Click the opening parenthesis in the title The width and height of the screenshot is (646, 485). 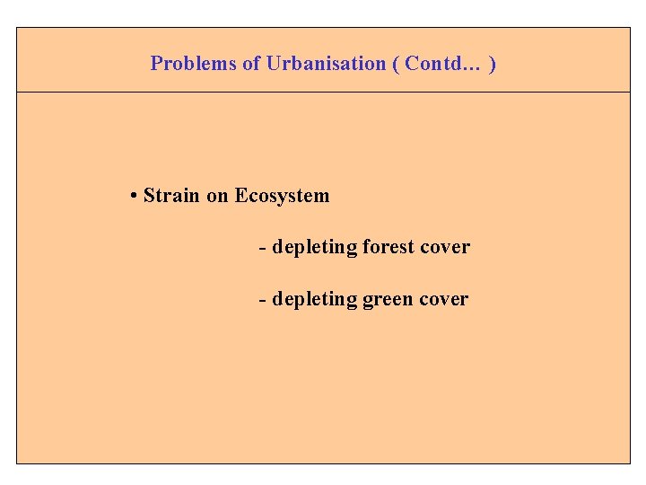tap(396, 64)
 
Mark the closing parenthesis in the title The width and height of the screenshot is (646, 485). tap(493, 64)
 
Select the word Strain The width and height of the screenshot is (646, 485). tap(172, 196)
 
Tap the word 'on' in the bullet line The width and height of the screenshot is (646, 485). tap(217, 196)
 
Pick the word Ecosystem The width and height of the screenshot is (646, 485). tap(282, 196)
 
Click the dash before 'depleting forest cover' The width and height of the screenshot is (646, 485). tap(262, 247)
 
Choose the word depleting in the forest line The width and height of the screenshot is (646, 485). tap(314, 247)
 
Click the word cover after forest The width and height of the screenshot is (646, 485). tap(445, 247)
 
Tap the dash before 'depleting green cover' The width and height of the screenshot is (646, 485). tap(262, 299)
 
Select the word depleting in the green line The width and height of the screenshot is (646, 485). tap(314, 299)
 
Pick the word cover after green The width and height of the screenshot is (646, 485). tap(443, 299)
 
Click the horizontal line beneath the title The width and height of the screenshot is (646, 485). tap(323, 92)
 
